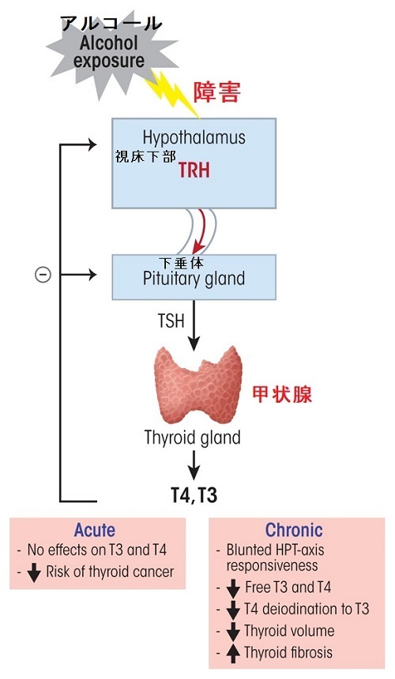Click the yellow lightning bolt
(x=172, y=93)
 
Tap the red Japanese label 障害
(x=216, y=92)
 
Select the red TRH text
(x=194, y=171)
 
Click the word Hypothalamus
(x=194, y=137)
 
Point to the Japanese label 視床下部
(x=145, y=157)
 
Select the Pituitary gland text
(x=194, y=279)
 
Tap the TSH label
(x=171, y=321)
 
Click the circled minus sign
(x=43, y=275)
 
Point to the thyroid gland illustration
(x=198, y=385)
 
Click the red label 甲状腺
(x=282, y=394)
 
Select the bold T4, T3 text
(x=194, y=495)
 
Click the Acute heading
(x=95, y=530)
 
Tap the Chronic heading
(x=294, y=530)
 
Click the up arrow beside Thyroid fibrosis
(x=234, y=653)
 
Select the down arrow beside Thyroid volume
(x=234, y=632)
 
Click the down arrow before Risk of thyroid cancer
(x=34, y=572)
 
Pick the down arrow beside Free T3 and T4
(x=234, y=588)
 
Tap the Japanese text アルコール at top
(x=111, y=24)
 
